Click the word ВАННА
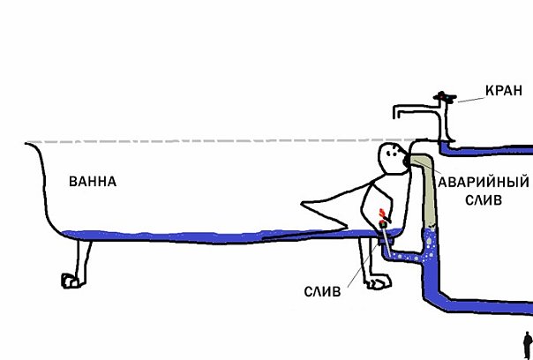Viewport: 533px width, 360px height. [93, 183]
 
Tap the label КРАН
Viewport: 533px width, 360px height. [504, 91]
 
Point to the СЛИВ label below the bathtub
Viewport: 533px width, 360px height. [325, 290]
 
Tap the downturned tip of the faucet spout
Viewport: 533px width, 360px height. [398, 115]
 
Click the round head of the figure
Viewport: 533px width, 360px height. [388, 159]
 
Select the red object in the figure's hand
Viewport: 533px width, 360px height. [382, 215]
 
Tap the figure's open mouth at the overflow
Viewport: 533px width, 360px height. [405, 161]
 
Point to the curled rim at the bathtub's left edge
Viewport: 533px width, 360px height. [30, 146]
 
